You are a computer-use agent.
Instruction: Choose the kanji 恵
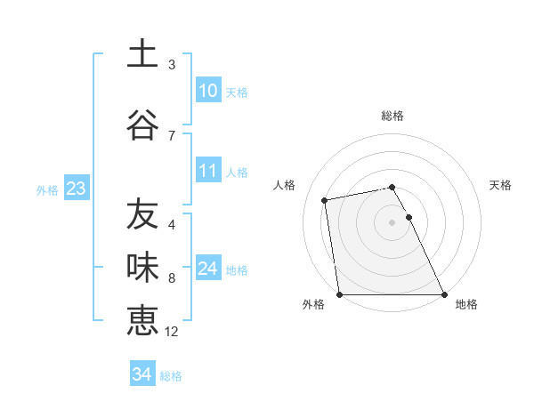click(x=142, y=320)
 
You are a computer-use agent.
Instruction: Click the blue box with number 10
click(x=207, y=91)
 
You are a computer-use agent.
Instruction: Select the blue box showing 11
click(x=207, y=172)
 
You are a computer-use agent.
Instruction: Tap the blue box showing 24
click(x=207, y=269)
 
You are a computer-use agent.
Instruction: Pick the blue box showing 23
click(x=76, y=189)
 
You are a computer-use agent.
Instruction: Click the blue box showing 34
click(x=142, y=375)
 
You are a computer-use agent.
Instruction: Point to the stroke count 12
click(x=172, y=332)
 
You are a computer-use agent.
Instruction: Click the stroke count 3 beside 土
click(x=172, y=65)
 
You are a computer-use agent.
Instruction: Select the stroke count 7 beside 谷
click(x=172, y=135)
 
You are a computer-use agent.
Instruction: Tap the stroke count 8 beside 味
click(x=172, y=278)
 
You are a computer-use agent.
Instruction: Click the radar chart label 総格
click(x=392, y=116)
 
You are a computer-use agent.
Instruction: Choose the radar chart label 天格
click(x=500, y=185)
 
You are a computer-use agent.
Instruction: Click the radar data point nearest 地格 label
click(x=443, y=293)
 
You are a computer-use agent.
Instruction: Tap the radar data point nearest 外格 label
click(x=339, y=293)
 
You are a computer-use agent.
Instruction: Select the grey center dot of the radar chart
click(x=392, y=221)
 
